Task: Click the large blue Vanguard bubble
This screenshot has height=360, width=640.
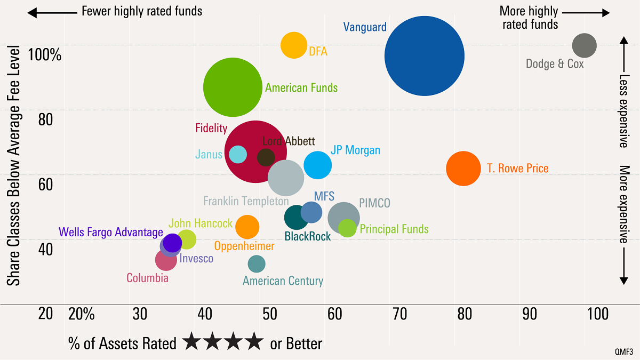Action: tap(424, 56)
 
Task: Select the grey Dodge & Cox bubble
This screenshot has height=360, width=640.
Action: tap(584, 46)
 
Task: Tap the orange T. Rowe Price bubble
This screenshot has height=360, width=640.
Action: tap(463, 169)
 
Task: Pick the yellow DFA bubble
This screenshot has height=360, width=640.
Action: tap(294, 45)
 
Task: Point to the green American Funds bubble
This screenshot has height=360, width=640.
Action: tap(232, 87)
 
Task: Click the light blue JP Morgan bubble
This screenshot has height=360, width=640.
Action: tap(318, 165)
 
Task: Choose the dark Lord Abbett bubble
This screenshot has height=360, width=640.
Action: tap(266, 157)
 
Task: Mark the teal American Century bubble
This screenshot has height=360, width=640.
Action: tap(257, 263)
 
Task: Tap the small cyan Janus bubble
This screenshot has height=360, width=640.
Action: tap(238, 155)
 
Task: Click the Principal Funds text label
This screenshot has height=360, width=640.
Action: tap(394, 229)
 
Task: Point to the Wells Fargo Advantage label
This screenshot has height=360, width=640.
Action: tap(110, 232)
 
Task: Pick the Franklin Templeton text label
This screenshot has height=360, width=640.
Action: tap(245, 202)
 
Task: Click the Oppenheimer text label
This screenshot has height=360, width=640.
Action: tap(244, 246)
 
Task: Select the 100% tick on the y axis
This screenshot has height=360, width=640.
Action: tap(45, 54)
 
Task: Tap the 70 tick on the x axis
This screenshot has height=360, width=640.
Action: tap(400, 314)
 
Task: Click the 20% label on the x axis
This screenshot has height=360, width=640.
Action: tap(82, 314)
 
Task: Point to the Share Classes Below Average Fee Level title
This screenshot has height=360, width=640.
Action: tap(14, 165)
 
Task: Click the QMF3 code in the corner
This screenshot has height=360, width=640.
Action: tap(625, 352)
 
